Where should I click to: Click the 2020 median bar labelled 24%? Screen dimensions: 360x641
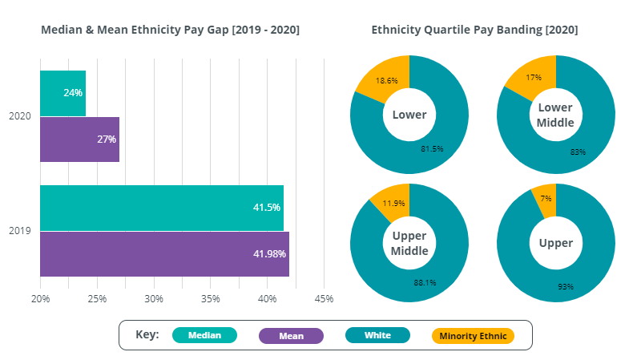pos(62,93)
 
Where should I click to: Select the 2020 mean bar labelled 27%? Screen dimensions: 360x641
pos(79,140)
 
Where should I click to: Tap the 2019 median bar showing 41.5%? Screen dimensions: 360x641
pos(161,208)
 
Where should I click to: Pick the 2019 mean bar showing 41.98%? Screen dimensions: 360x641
pos(164,254)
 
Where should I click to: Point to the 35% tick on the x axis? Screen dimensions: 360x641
pos(211,299)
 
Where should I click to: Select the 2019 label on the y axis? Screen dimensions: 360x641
pos(20,231)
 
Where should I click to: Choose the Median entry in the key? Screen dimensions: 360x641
pos(204,335)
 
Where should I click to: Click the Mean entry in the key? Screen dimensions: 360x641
pos(291,335)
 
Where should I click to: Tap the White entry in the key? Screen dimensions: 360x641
pos(377,335)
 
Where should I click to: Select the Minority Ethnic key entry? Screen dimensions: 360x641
pos(472,335)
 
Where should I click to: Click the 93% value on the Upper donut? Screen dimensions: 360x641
pos(566,286)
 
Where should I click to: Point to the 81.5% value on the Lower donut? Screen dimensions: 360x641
pos(432,148)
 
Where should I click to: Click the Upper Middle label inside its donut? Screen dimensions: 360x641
pos(409,243)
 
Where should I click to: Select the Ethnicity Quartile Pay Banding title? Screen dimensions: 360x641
pos(474,30)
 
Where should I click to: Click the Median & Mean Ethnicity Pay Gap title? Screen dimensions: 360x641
pos(170,30)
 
